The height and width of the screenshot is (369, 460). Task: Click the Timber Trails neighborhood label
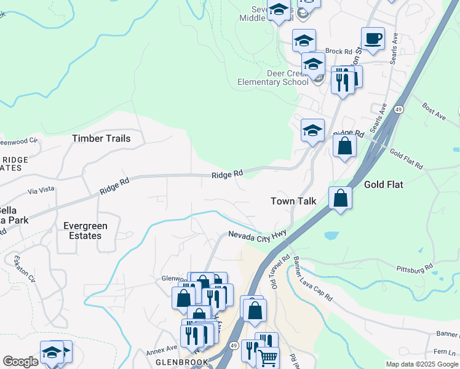point(101,138)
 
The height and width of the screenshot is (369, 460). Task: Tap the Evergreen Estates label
point(85,231)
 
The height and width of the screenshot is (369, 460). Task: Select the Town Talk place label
point(294,201)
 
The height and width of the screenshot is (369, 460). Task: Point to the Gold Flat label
point(384,184)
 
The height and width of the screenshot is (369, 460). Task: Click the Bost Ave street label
point(434,111)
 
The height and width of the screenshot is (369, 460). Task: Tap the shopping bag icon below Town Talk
point(340,198)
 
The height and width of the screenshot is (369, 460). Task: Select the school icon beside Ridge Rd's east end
point(312,130)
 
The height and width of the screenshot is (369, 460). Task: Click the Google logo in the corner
point(20,362)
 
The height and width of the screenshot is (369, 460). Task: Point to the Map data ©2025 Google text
point(422,364)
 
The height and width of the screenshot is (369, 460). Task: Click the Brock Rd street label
point(338,51)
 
